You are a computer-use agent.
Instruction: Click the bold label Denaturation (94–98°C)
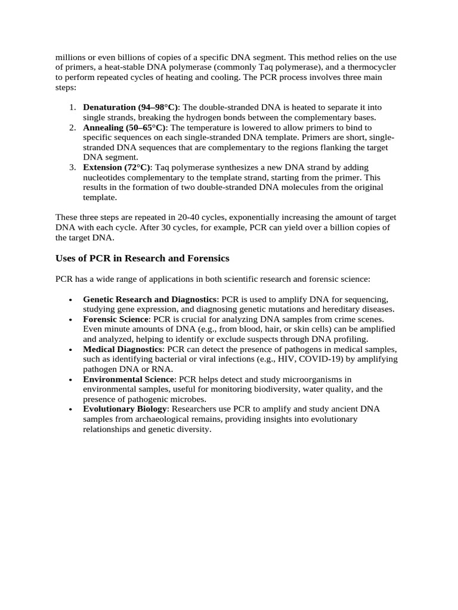tap(131, 107)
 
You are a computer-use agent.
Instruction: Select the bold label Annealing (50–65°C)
tap(125, 127)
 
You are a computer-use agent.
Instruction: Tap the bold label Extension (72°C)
tap(117, 167)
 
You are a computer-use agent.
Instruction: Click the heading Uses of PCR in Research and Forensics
tap(142, 258)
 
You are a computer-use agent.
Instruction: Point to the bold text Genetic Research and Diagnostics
tap(150, 299)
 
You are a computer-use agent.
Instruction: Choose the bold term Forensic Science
tap(116, 319)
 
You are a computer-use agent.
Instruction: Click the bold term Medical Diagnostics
tap(123, 349)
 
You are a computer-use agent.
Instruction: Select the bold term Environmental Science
tap(129, 379)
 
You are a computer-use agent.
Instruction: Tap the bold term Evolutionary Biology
tap(126, 409)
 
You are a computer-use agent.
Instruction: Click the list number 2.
tap(72, 127)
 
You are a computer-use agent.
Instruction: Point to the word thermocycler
tap(372, 67)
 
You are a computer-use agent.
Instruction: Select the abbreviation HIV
tap(288, 359)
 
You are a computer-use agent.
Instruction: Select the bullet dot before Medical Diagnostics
tap(71, 350)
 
